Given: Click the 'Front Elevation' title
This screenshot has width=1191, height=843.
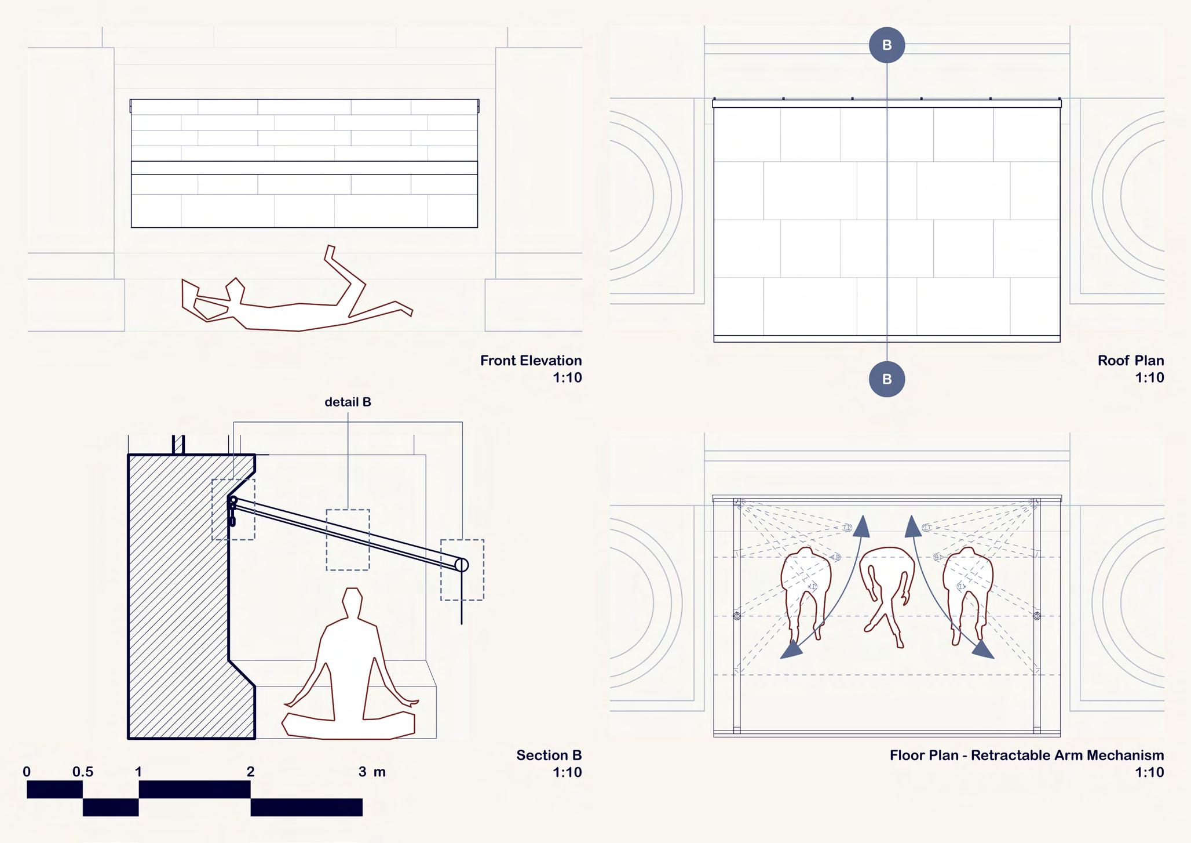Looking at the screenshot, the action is pos(531,361).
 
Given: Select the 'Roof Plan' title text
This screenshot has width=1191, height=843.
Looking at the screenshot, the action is pos(1130,361).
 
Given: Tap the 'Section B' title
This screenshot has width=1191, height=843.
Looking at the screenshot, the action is pos(549,755).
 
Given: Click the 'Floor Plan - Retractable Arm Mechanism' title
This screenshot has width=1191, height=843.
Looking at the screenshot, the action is pos(1026,755).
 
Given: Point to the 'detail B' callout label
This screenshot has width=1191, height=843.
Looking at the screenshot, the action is pos(348,402).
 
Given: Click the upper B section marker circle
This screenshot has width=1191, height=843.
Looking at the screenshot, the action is pos(887,45).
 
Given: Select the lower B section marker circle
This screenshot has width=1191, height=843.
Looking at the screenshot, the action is pos(887,379).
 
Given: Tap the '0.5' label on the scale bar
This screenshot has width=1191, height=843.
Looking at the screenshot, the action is pos(83,772).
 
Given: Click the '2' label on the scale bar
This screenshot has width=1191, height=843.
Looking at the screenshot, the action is pos(250,772).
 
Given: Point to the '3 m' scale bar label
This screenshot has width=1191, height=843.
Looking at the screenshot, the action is pos(371,772).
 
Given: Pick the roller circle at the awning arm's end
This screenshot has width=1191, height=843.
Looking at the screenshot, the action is pos(461,565).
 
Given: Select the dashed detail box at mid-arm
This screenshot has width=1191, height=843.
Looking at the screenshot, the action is pos(348,540).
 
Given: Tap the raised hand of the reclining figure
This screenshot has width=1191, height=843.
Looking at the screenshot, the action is pos(329,252).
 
